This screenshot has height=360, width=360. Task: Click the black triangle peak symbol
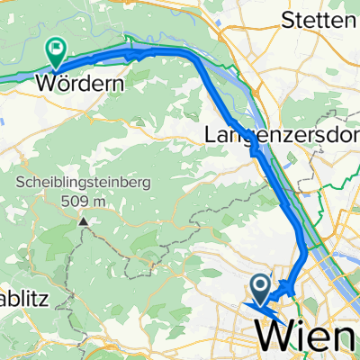point(83,219)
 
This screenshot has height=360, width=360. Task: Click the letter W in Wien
point(275,338)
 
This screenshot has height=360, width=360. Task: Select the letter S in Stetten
point(290,18)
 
